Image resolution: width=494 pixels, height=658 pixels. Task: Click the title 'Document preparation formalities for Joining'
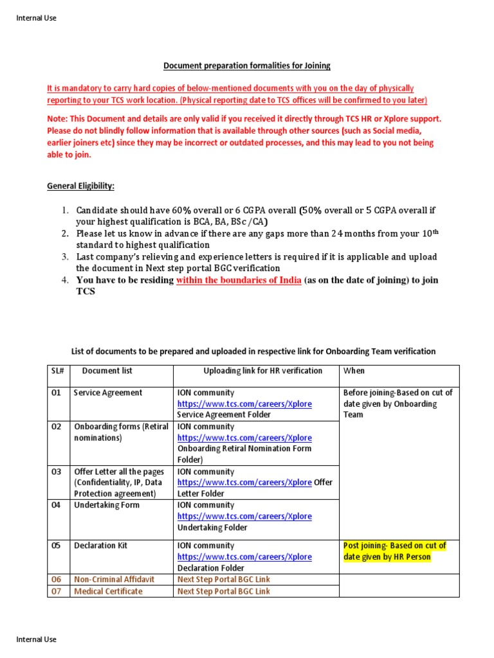pos(246,66)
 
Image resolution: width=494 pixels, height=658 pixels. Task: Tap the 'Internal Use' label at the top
pos(36,18)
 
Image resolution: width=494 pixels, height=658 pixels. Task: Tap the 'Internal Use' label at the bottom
pos(36,639)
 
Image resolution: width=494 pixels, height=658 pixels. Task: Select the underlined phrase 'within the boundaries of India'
pos(239,280)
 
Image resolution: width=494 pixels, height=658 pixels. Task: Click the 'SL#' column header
pos(57,371)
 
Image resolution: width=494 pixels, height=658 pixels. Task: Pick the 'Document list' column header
pos(107,371)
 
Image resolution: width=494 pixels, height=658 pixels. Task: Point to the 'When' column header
pos(353,371)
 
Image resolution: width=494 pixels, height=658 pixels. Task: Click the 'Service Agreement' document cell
pos(108,393)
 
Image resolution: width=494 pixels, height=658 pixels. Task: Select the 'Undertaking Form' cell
pos(106,505)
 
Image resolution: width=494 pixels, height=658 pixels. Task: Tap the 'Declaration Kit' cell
pos(100,546)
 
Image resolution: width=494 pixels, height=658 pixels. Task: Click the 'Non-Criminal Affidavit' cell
pos(114,580)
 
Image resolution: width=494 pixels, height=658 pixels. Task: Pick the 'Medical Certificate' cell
pos(108,591)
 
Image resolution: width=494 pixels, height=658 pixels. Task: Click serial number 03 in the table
pos(57,472)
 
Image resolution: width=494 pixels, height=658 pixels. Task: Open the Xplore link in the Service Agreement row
pos(244,404)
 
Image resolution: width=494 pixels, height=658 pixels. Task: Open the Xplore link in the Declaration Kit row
pos(244,557)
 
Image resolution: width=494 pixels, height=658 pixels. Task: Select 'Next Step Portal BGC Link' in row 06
pos(223,580)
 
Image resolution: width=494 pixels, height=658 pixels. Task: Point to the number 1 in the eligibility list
pos(65,211)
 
